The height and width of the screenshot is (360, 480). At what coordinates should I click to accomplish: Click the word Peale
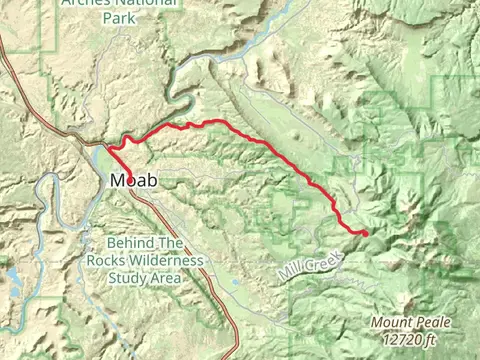click(433, 322)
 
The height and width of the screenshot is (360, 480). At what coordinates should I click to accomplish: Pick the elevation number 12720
click(399, 338)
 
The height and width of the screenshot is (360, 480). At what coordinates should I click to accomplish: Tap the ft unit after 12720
click(428, 338)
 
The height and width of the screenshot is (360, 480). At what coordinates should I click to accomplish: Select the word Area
click(166, 277)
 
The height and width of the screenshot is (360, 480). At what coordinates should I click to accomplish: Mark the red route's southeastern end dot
click(365, 233)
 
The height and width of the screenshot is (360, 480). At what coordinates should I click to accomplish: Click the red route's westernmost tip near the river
click(110, 148)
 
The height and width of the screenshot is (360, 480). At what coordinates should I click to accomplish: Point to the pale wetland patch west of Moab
click(100, 160)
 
